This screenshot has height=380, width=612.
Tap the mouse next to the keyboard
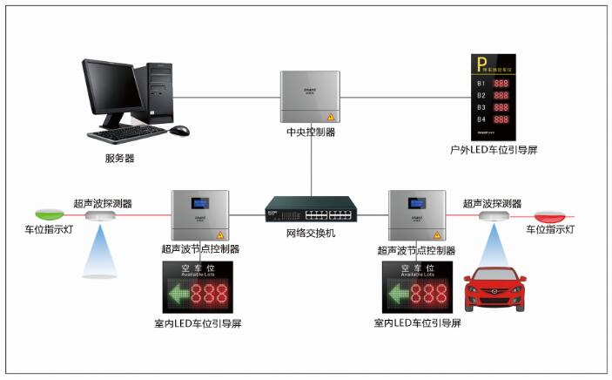179,131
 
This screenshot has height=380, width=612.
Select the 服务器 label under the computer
119,158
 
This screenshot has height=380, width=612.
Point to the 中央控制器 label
310,133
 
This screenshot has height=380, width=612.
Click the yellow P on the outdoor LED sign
480,63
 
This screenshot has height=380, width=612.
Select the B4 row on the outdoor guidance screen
492,119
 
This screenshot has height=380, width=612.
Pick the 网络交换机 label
310,234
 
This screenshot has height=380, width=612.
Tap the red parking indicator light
550,214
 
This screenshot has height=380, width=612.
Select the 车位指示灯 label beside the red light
550,230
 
